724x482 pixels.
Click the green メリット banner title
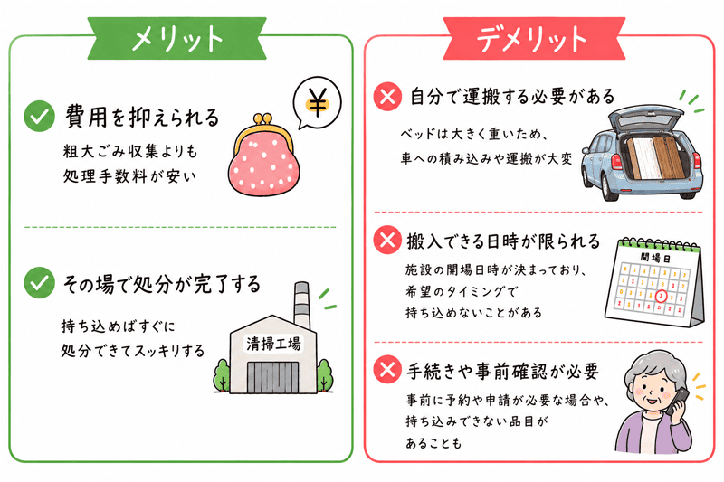pos(177,38)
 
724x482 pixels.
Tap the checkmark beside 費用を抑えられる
pos(39,117)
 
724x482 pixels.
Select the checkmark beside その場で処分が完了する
pos(39,282)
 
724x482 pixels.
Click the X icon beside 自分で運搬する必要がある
pos(387,97)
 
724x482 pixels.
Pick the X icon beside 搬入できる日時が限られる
pos(387,240)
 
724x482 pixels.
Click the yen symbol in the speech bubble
pos(318,101)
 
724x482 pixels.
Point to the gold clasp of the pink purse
pos(261,127)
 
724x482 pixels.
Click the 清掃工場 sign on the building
pos(273,344)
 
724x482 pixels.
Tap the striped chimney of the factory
pos(301,305)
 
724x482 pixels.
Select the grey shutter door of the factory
pos(273,377)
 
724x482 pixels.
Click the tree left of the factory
pos(222,375)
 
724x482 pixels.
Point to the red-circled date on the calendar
pos(662,295)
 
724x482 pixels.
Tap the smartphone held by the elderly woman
pos(677,401)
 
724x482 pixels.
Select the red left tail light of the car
pos(617,163)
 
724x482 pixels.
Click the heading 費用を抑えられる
pos(142,117)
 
